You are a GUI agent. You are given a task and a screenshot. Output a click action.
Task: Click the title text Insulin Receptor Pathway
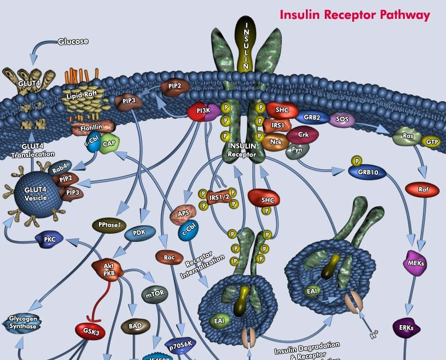coord(355,15)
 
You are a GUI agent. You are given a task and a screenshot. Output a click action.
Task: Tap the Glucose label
coord(74,42)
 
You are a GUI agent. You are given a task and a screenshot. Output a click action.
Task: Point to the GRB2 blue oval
coord(312,117)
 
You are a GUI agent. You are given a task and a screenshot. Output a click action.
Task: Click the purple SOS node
coord(342,119)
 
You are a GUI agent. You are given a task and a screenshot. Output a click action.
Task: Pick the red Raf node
coord(422,189)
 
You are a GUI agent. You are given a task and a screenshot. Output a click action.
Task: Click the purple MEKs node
coord(416,262)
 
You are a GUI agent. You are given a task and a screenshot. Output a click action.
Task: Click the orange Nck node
coord(276,141)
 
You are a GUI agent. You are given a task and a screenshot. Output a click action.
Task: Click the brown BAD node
coord(136,326)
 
